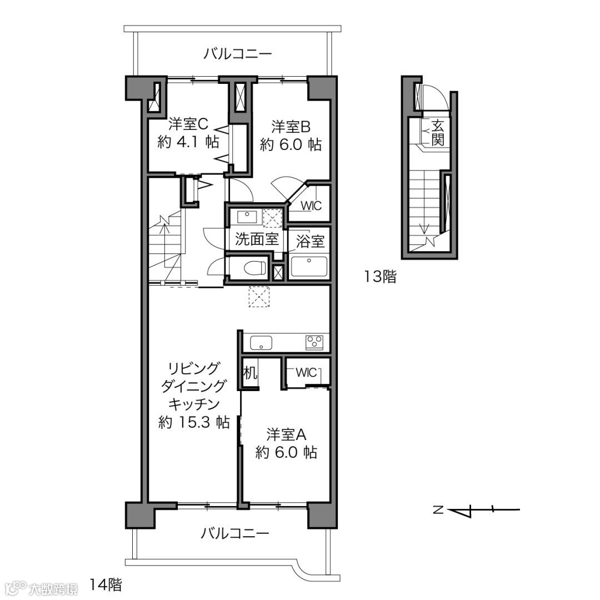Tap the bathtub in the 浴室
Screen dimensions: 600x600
[309, 266]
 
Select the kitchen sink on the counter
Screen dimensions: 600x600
[261, 342]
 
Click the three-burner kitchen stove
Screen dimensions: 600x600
[314, 342]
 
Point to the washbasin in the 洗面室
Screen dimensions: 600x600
[248, 217]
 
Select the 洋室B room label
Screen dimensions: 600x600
[291, 126]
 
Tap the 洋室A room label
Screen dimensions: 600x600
[286, 434]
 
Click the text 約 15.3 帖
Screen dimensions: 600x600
[194, 422]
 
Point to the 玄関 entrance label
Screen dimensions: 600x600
[438, 132]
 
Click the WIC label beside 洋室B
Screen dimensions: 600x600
[311, 206]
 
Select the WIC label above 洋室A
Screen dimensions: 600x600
[306, 372]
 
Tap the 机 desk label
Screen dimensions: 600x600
[250, 372]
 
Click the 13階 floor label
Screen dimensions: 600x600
[380, 276]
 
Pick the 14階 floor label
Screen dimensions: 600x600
[106, 584]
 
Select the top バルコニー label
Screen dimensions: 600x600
[237, 53]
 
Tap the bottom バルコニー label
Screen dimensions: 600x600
[235, 533]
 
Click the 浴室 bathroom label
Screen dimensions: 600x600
[310, 241]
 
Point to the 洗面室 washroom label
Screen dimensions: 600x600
[256, 239]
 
